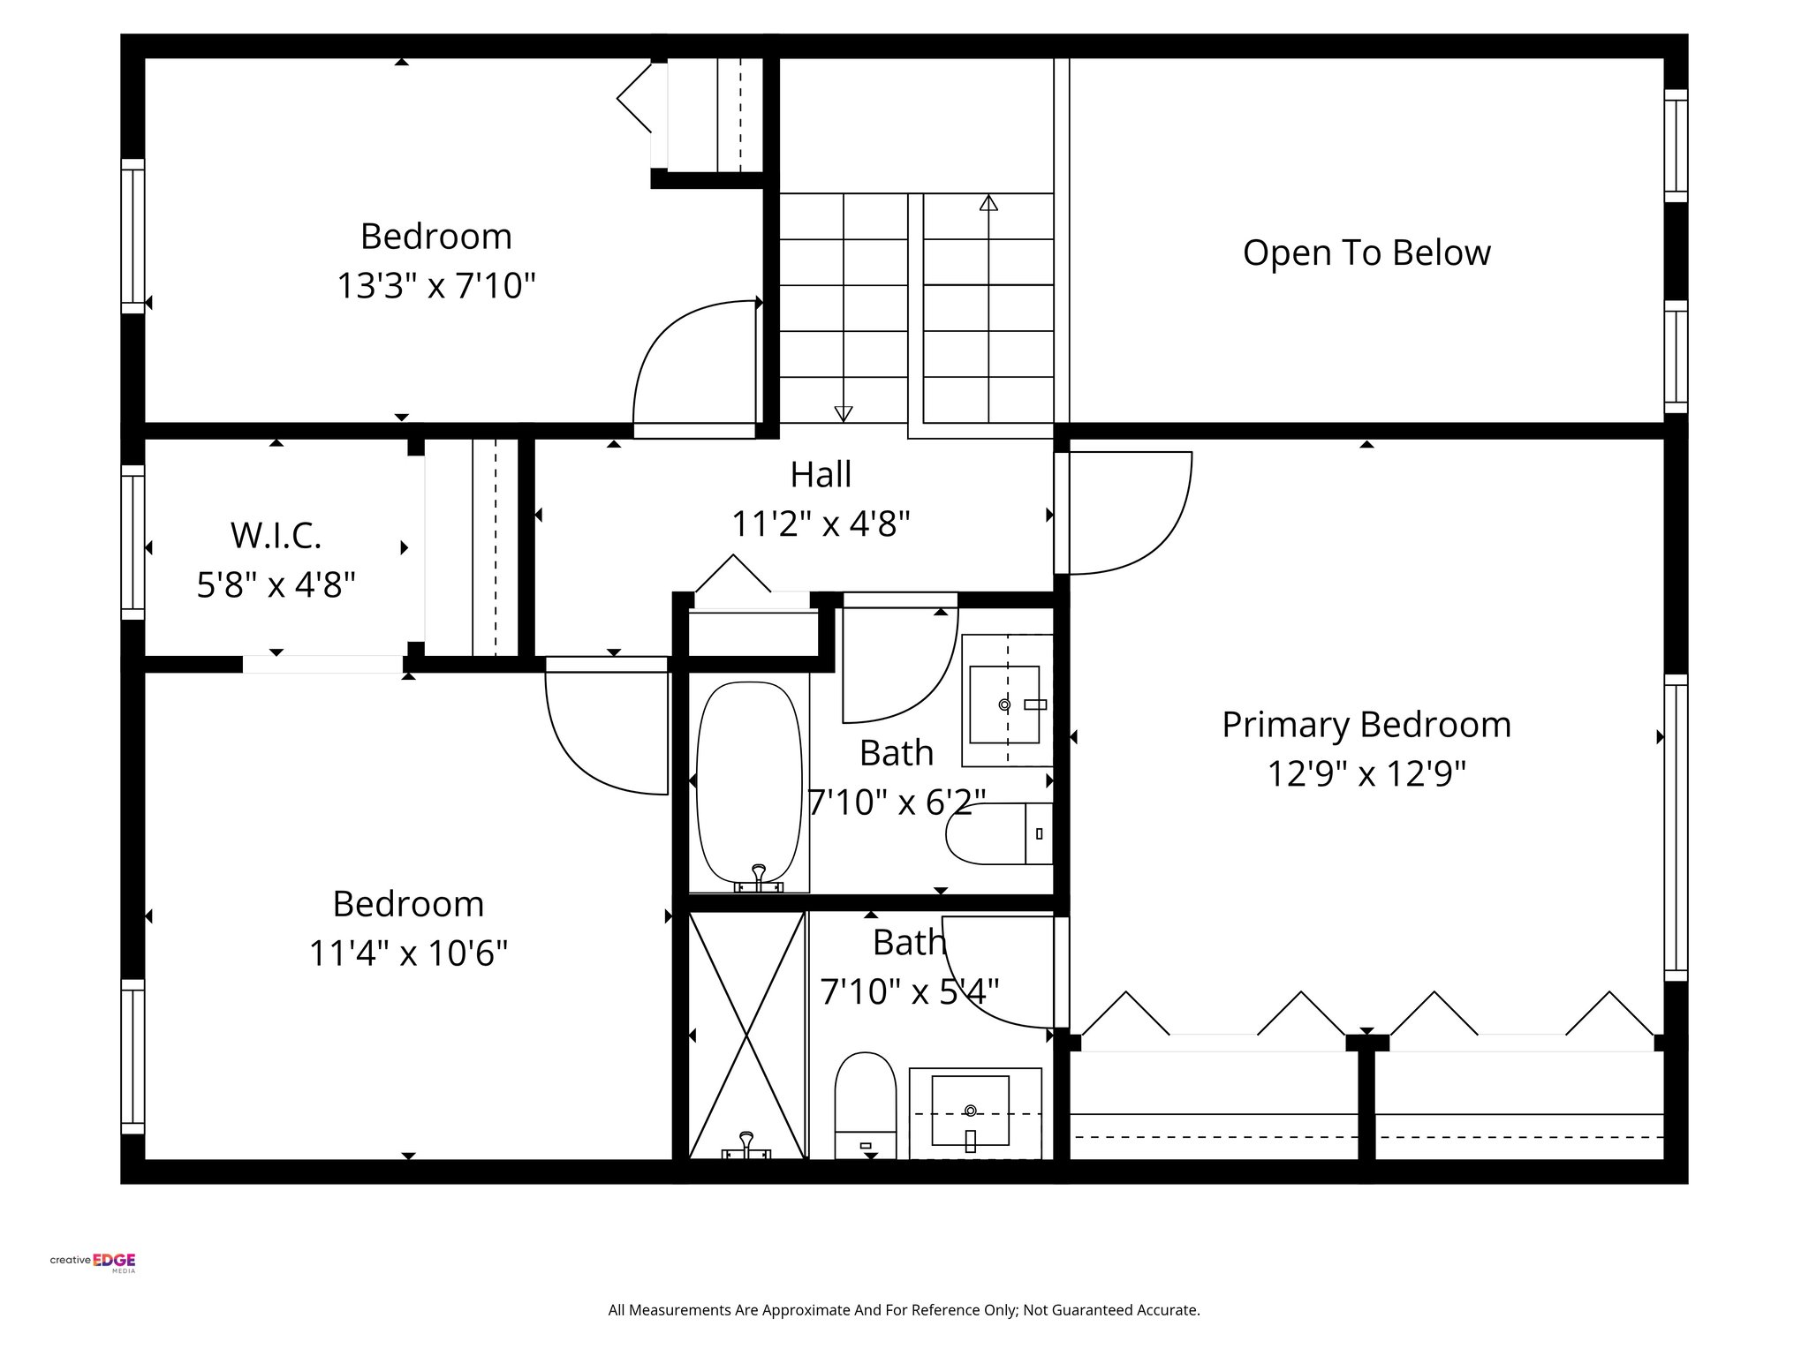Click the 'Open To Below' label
1366,253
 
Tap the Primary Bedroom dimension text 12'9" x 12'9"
1366,774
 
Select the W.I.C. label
276,535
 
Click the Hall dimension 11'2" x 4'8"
820,524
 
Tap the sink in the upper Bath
1004,704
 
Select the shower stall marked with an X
747,1035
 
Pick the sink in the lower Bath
971,1111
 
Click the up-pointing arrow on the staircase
988,203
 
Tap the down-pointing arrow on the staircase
844,412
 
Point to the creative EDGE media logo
93,1262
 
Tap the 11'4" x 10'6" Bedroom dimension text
408,953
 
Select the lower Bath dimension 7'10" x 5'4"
909,991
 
